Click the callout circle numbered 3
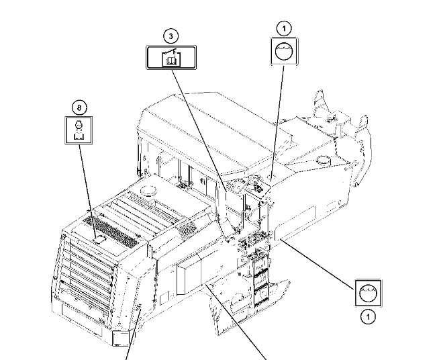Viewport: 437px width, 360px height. [171, 36]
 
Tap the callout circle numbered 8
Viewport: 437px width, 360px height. [79, 107]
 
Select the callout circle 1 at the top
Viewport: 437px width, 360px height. [284, 28]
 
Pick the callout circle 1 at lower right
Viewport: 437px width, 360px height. [368, 317]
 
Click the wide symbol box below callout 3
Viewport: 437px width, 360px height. [171, 58]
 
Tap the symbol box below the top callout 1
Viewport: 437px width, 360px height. [284, 52]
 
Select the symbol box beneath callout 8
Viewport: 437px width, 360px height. [79, 130]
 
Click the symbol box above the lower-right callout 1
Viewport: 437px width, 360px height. [369, 293]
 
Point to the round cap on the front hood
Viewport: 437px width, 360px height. [149, 191]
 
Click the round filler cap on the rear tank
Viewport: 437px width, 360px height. [324, 160]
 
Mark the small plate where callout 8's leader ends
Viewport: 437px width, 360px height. [99, 240]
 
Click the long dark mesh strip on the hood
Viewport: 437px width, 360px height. [112, 232]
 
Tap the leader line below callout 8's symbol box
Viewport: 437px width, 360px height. [87, 191]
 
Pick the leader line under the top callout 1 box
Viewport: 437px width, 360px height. [277, 124]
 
